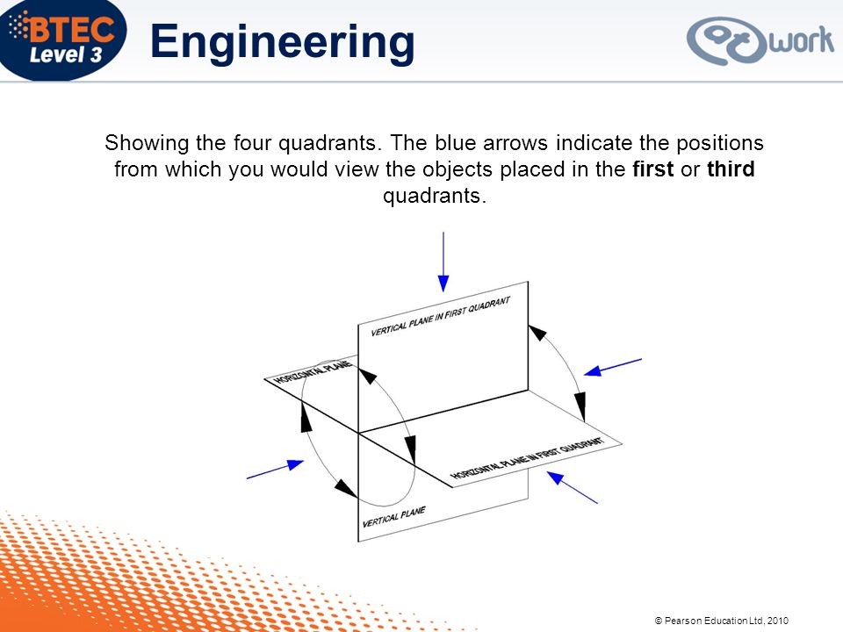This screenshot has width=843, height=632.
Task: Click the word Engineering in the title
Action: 282,41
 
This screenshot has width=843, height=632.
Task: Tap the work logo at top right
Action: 759,40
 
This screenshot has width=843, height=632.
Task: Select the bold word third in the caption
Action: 730,169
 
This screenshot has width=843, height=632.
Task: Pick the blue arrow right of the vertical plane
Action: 614,367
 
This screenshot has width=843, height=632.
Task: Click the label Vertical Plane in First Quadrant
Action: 440,317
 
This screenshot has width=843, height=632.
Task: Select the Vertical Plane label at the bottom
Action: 394,517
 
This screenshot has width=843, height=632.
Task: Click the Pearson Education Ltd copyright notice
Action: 722,621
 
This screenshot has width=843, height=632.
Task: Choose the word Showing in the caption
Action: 137,143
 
